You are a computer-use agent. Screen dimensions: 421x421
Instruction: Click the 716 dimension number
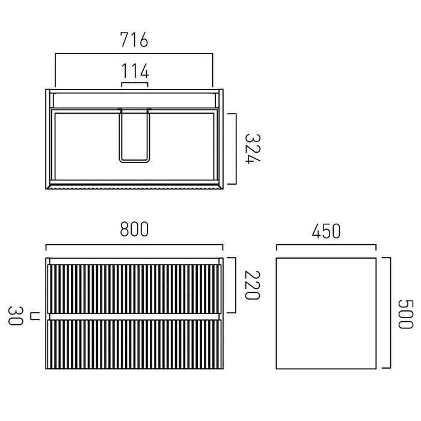[x=134, y=40]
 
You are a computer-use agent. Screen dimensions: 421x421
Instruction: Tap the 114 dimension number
[x=135, y=71]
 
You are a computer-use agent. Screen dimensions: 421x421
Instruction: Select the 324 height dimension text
[x=253, y=148]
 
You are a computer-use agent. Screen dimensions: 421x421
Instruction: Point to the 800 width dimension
[x=134, y=229]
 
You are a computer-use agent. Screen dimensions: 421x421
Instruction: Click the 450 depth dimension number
[x=326, y=231]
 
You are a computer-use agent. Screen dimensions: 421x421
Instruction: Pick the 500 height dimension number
[x=405, y=315]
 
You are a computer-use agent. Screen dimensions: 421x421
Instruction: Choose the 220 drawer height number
[x=253, y=285]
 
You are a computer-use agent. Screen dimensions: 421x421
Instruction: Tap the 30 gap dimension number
[x=15, y=316]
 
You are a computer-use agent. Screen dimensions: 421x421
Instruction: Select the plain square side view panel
[x=326, y=313]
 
